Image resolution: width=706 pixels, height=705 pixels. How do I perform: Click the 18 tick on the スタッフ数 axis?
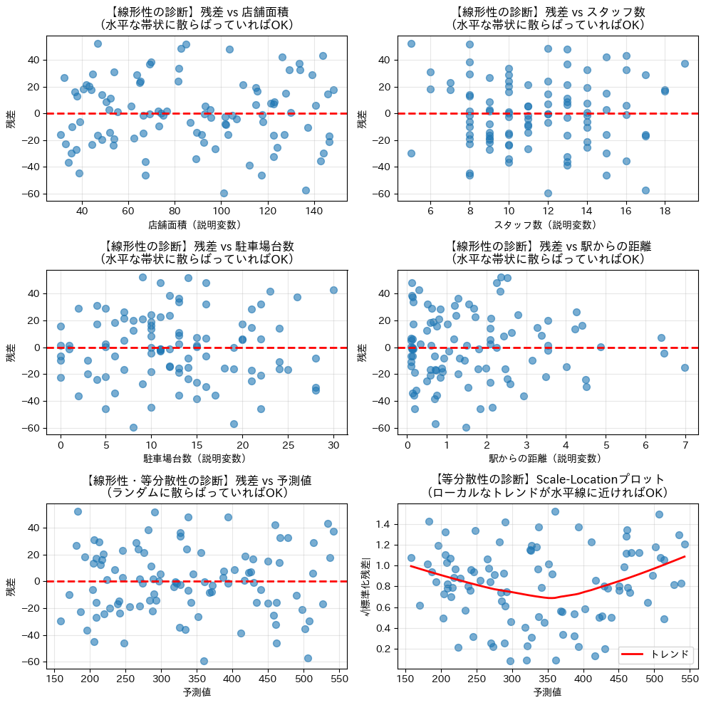665,211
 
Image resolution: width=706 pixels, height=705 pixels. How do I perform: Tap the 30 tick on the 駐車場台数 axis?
333,445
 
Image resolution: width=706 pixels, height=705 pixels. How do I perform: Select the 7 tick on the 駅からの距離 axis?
685,445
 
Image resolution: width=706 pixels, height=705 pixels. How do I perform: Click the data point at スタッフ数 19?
685,63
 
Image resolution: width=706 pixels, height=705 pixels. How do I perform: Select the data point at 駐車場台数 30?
333,290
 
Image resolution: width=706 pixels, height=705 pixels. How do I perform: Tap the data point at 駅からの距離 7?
685,367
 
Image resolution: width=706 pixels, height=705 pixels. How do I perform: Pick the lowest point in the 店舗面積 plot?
224,193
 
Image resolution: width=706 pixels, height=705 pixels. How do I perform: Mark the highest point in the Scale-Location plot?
555,511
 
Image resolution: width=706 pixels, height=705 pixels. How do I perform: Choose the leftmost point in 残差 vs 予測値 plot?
61,621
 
